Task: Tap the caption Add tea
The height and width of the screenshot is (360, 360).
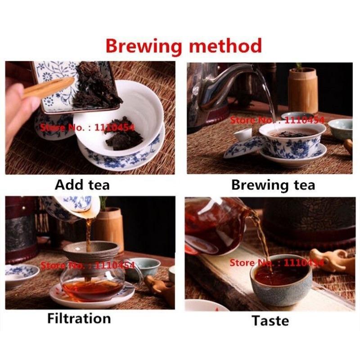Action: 82,184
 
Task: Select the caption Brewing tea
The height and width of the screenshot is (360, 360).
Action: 273,185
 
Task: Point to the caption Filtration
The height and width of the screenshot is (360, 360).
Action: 79,319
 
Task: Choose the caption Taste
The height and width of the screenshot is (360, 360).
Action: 270,320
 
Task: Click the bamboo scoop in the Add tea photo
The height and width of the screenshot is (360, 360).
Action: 47,88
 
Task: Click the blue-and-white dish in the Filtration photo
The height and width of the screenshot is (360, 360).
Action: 20,272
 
